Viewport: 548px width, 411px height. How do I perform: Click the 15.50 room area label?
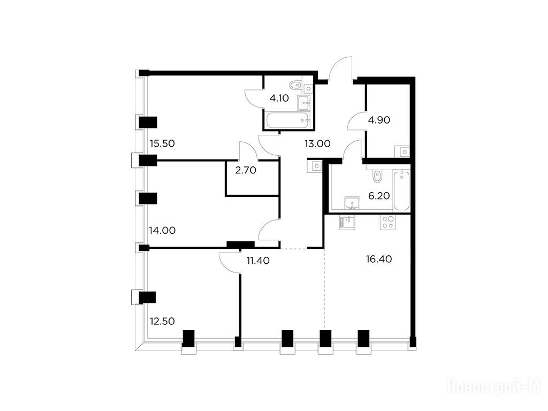pos(162,143)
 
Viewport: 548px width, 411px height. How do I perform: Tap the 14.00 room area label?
pos(162,230)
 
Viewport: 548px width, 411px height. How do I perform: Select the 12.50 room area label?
pos(162,321)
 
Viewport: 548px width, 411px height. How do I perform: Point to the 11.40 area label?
pos(258,261)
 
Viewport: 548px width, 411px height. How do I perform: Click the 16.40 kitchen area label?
pos(379,259)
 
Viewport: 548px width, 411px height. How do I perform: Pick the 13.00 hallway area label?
pos(317,143)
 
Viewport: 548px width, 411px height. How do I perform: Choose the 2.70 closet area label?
pos(246,170)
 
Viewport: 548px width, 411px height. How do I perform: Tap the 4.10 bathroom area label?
pos(279,98)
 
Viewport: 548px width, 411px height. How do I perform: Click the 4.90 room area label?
pos(379,120)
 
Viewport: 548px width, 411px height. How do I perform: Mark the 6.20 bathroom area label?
pos(379,196)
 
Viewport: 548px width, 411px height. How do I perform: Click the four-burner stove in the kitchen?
pos(388,222)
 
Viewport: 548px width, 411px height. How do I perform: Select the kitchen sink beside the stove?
pos(347,222)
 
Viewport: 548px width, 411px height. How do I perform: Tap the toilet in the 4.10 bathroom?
pos(296,85)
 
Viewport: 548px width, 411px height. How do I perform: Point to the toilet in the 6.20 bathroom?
pos(377,176)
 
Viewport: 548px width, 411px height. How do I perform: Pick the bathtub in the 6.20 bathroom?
pos(401,190)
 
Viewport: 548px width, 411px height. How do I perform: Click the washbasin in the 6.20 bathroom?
pos(352,203)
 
